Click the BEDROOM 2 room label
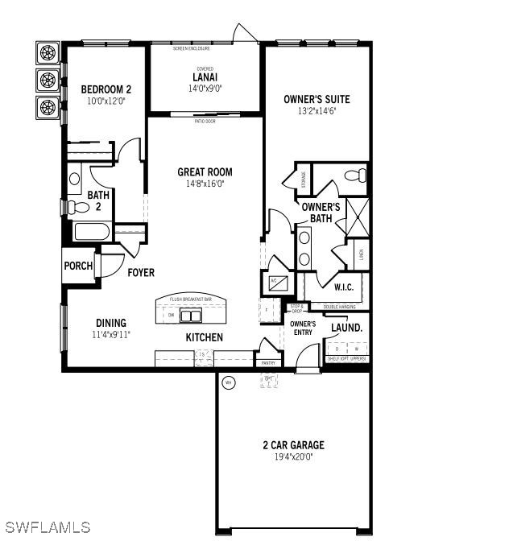click(x=105, y=89)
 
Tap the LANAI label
click(x=205, y=78)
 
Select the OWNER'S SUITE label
click(x=317, y=99)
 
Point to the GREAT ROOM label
click(x=205, y=171)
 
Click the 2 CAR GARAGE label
click(x=293, y=444)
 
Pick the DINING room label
click(x=111, y=323)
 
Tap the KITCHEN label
click(x=205, y=337)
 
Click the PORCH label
click(x=79, y=266)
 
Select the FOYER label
click(x=141, y=273)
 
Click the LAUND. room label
click(x=347, y=328)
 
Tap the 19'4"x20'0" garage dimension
click(x=293, y=456)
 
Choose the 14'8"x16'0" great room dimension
click(x=205, y=183)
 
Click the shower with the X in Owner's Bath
click(x=355, y=217)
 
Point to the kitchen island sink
click(x=189, y=316)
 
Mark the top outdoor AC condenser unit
click(x=48, y=54)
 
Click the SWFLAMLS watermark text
click(x=46, y=528)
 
